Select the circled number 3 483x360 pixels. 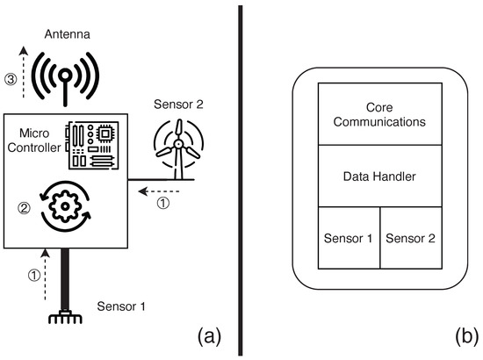[11, 80]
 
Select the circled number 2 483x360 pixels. [25, 209]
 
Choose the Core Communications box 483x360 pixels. [378, 114]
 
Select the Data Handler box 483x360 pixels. [378, 176]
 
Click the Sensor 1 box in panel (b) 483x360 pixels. [348, 238]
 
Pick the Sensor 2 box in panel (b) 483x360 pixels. [410, 238]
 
